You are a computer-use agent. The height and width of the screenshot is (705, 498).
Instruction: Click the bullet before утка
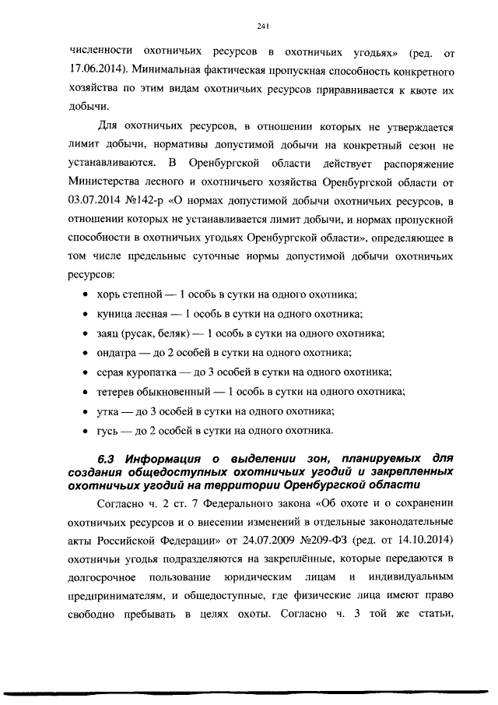click(x=83, y=411)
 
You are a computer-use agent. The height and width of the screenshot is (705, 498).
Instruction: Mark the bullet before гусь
click(x=83, y=431)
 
